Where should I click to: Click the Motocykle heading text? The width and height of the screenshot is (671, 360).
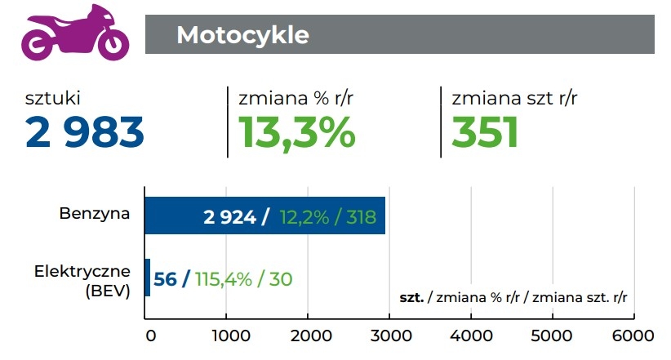(x=242, y=35)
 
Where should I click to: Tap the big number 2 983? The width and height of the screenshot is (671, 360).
(x=85, y=131)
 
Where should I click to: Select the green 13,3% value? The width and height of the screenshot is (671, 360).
(x=296, y=131)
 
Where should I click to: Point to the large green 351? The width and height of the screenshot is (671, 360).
(x=486, y=131)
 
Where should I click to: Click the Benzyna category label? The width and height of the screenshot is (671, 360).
(x=94, y=215)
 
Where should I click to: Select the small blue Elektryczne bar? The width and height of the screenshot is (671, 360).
(x=147, y=278)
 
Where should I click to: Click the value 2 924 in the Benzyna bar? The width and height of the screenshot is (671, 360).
(x=231, y=217)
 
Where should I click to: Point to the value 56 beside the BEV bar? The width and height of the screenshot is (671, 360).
(x=166, y=278)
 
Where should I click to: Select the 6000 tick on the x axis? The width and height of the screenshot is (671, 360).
(x=633, y=336)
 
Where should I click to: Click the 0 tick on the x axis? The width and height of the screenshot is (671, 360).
(x=150, y=336)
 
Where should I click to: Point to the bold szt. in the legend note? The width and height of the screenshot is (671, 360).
(x=411, y=298)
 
